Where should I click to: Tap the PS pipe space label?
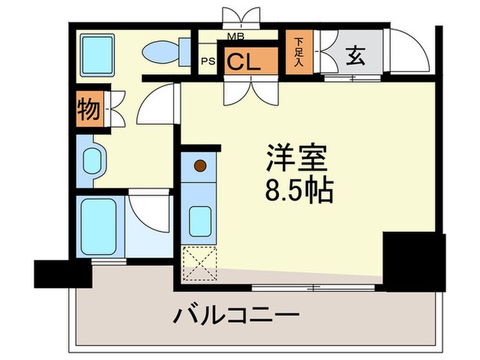(208, 61)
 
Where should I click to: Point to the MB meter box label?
(236, 37)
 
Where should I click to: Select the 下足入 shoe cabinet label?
(299, 52)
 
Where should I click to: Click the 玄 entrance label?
(355, 56)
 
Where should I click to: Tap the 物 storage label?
(88, 109)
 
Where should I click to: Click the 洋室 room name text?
(297, 158)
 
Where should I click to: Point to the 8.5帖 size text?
(299, 190)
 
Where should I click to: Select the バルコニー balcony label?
(236, 315)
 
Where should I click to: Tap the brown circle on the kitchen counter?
(200, 166)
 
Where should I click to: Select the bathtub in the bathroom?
(99, 226)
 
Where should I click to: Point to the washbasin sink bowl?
(92, 161)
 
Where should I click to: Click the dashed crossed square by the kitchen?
(200, 264)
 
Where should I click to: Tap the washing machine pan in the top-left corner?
(97, 55)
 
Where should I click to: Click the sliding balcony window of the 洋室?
(313, 288)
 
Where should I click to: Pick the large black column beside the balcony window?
(414, 262)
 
